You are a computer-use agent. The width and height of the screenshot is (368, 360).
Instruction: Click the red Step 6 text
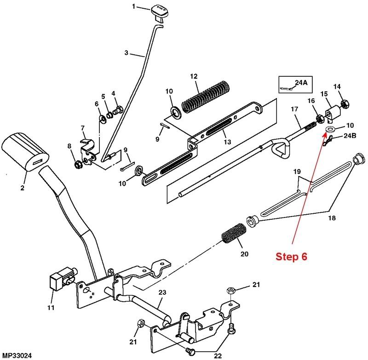[291, 257]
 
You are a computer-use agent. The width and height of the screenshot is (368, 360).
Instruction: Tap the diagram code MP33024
[16, 355]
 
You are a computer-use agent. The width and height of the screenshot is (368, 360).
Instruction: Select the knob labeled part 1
[159, 13]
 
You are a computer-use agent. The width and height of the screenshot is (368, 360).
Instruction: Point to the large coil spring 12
[206, 97]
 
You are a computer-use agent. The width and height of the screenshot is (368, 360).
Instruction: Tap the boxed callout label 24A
[301, 82]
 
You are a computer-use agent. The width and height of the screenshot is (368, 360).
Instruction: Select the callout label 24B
[350, 136]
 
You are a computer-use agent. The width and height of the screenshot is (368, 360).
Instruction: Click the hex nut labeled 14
[344, 103]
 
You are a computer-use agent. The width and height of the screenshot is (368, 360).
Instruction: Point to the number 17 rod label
[294, 109]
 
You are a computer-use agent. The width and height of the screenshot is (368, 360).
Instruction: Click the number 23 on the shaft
[162, 292]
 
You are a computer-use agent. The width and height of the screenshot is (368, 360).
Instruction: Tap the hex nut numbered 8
[77, 165]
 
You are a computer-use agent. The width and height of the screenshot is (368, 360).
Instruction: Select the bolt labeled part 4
[118, 110]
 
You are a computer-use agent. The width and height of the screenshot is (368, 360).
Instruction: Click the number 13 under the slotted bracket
[227, 142]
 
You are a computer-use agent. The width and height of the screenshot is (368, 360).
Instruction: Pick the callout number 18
[332, 218]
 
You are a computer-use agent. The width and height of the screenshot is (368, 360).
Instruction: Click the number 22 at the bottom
[218, 356]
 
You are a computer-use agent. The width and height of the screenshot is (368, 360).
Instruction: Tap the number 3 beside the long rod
[126, 53]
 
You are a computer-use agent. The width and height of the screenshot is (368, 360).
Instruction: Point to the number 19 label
[297, 171]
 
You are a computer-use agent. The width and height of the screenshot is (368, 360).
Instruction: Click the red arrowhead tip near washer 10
[327, 132]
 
